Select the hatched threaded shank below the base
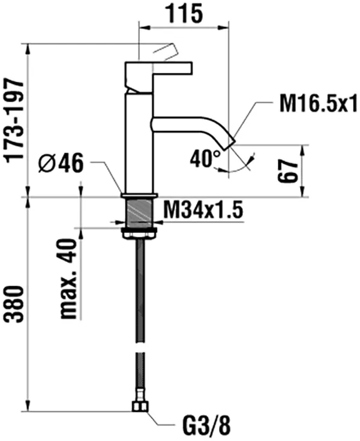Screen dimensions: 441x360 tap(139, 212)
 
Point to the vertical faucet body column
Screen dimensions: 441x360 tap(139, 144)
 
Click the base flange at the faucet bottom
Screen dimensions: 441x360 tap(139, 196)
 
